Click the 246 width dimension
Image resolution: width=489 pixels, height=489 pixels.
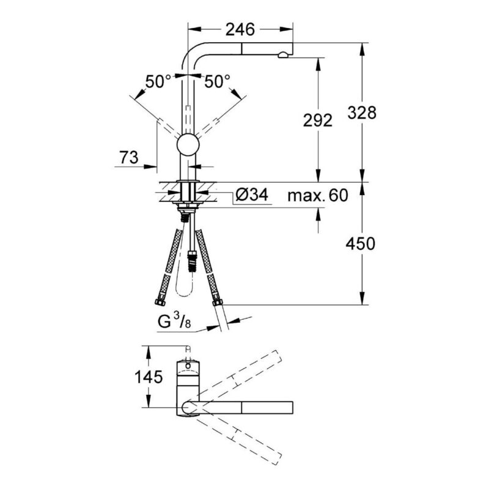[240, 29]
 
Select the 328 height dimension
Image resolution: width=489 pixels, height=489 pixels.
[362, 112]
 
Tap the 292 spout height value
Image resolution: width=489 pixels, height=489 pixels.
[318, 120]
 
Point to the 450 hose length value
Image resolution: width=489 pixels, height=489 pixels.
[361, 243]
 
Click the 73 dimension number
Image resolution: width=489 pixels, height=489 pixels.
[129, 157]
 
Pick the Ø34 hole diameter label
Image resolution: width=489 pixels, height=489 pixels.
[252, 195]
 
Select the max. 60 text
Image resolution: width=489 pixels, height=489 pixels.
[317, 196]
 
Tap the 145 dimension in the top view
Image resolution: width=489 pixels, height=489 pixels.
[149, 377]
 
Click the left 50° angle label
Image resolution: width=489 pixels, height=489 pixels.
[158, 82]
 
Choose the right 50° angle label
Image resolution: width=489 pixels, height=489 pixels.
[218, 82]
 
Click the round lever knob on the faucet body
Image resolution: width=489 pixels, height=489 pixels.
[188, 145]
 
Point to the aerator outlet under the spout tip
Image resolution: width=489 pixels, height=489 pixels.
[283, 56]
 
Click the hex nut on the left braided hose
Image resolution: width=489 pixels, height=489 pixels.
[160, 302]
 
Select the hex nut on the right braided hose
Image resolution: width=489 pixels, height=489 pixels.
[218, 302]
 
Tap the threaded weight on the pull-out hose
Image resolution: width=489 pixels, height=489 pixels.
[191, 262]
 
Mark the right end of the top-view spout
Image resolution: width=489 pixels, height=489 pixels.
[292, 408]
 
